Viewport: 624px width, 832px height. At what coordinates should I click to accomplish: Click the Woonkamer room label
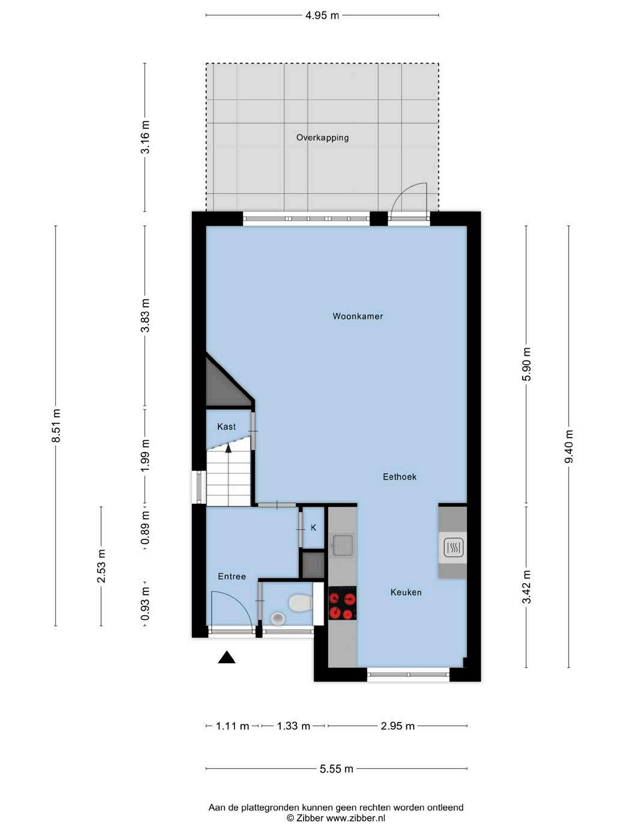point(358,316)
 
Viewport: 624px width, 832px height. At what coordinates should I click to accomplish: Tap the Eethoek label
point(399,477)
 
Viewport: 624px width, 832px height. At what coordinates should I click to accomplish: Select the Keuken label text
point(406,592)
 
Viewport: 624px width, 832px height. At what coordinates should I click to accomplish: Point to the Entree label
point(232,576)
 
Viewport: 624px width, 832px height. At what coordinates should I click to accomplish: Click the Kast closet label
point(227,426)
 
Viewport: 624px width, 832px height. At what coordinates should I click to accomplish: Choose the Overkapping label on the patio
point(322,138)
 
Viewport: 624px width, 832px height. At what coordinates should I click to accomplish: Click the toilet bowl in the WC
point(300,602)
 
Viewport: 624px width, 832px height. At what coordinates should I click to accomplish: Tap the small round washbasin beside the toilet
point(278,619)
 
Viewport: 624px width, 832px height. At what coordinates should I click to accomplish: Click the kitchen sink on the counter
point(342,545)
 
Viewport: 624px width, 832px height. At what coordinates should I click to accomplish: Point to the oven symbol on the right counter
point(453,547)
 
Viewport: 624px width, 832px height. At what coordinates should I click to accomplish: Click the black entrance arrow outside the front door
point(227,657)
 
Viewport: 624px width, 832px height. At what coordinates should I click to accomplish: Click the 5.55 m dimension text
point(337,769)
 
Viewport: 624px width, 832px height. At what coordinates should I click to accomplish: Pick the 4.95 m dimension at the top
point(322,16)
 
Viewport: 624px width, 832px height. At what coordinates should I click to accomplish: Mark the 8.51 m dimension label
point(56,425)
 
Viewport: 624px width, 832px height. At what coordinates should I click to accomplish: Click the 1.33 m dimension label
point(293,726)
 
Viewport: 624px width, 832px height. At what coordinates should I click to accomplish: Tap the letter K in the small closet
point(313,528)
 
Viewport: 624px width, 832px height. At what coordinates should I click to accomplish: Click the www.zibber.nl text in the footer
point(355,818)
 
